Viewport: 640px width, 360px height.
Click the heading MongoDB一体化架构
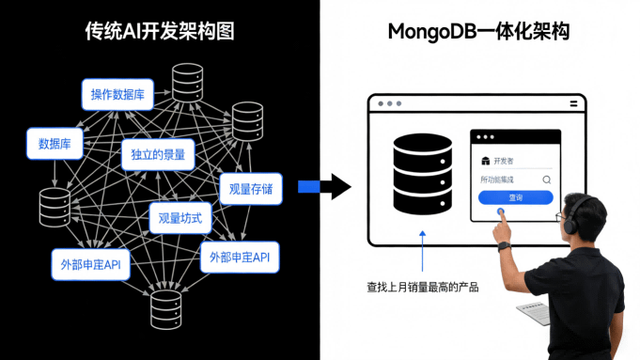click(x=478, y=32)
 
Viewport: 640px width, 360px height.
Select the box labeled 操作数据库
click(x=117, y=94)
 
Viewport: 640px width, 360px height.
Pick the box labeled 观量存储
click(x=251, y=189)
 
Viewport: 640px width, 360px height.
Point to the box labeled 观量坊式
click(x=180, y=218)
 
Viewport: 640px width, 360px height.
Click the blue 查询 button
click(x=515, y=197)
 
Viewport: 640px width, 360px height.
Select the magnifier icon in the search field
click(x=546, y=179)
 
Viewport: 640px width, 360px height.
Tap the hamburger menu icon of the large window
click(x=573, y=103)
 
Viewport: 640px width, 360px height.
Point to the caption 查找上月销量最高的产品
click(x=422, y=287)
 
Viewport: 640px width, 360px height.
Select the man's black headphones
click(x=567, y=222)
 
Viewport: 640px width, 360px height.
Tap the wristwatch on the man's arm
click(x=504, y=245)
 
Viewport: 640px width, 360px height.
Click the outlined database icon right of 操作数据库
click(x=186, y=80)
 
